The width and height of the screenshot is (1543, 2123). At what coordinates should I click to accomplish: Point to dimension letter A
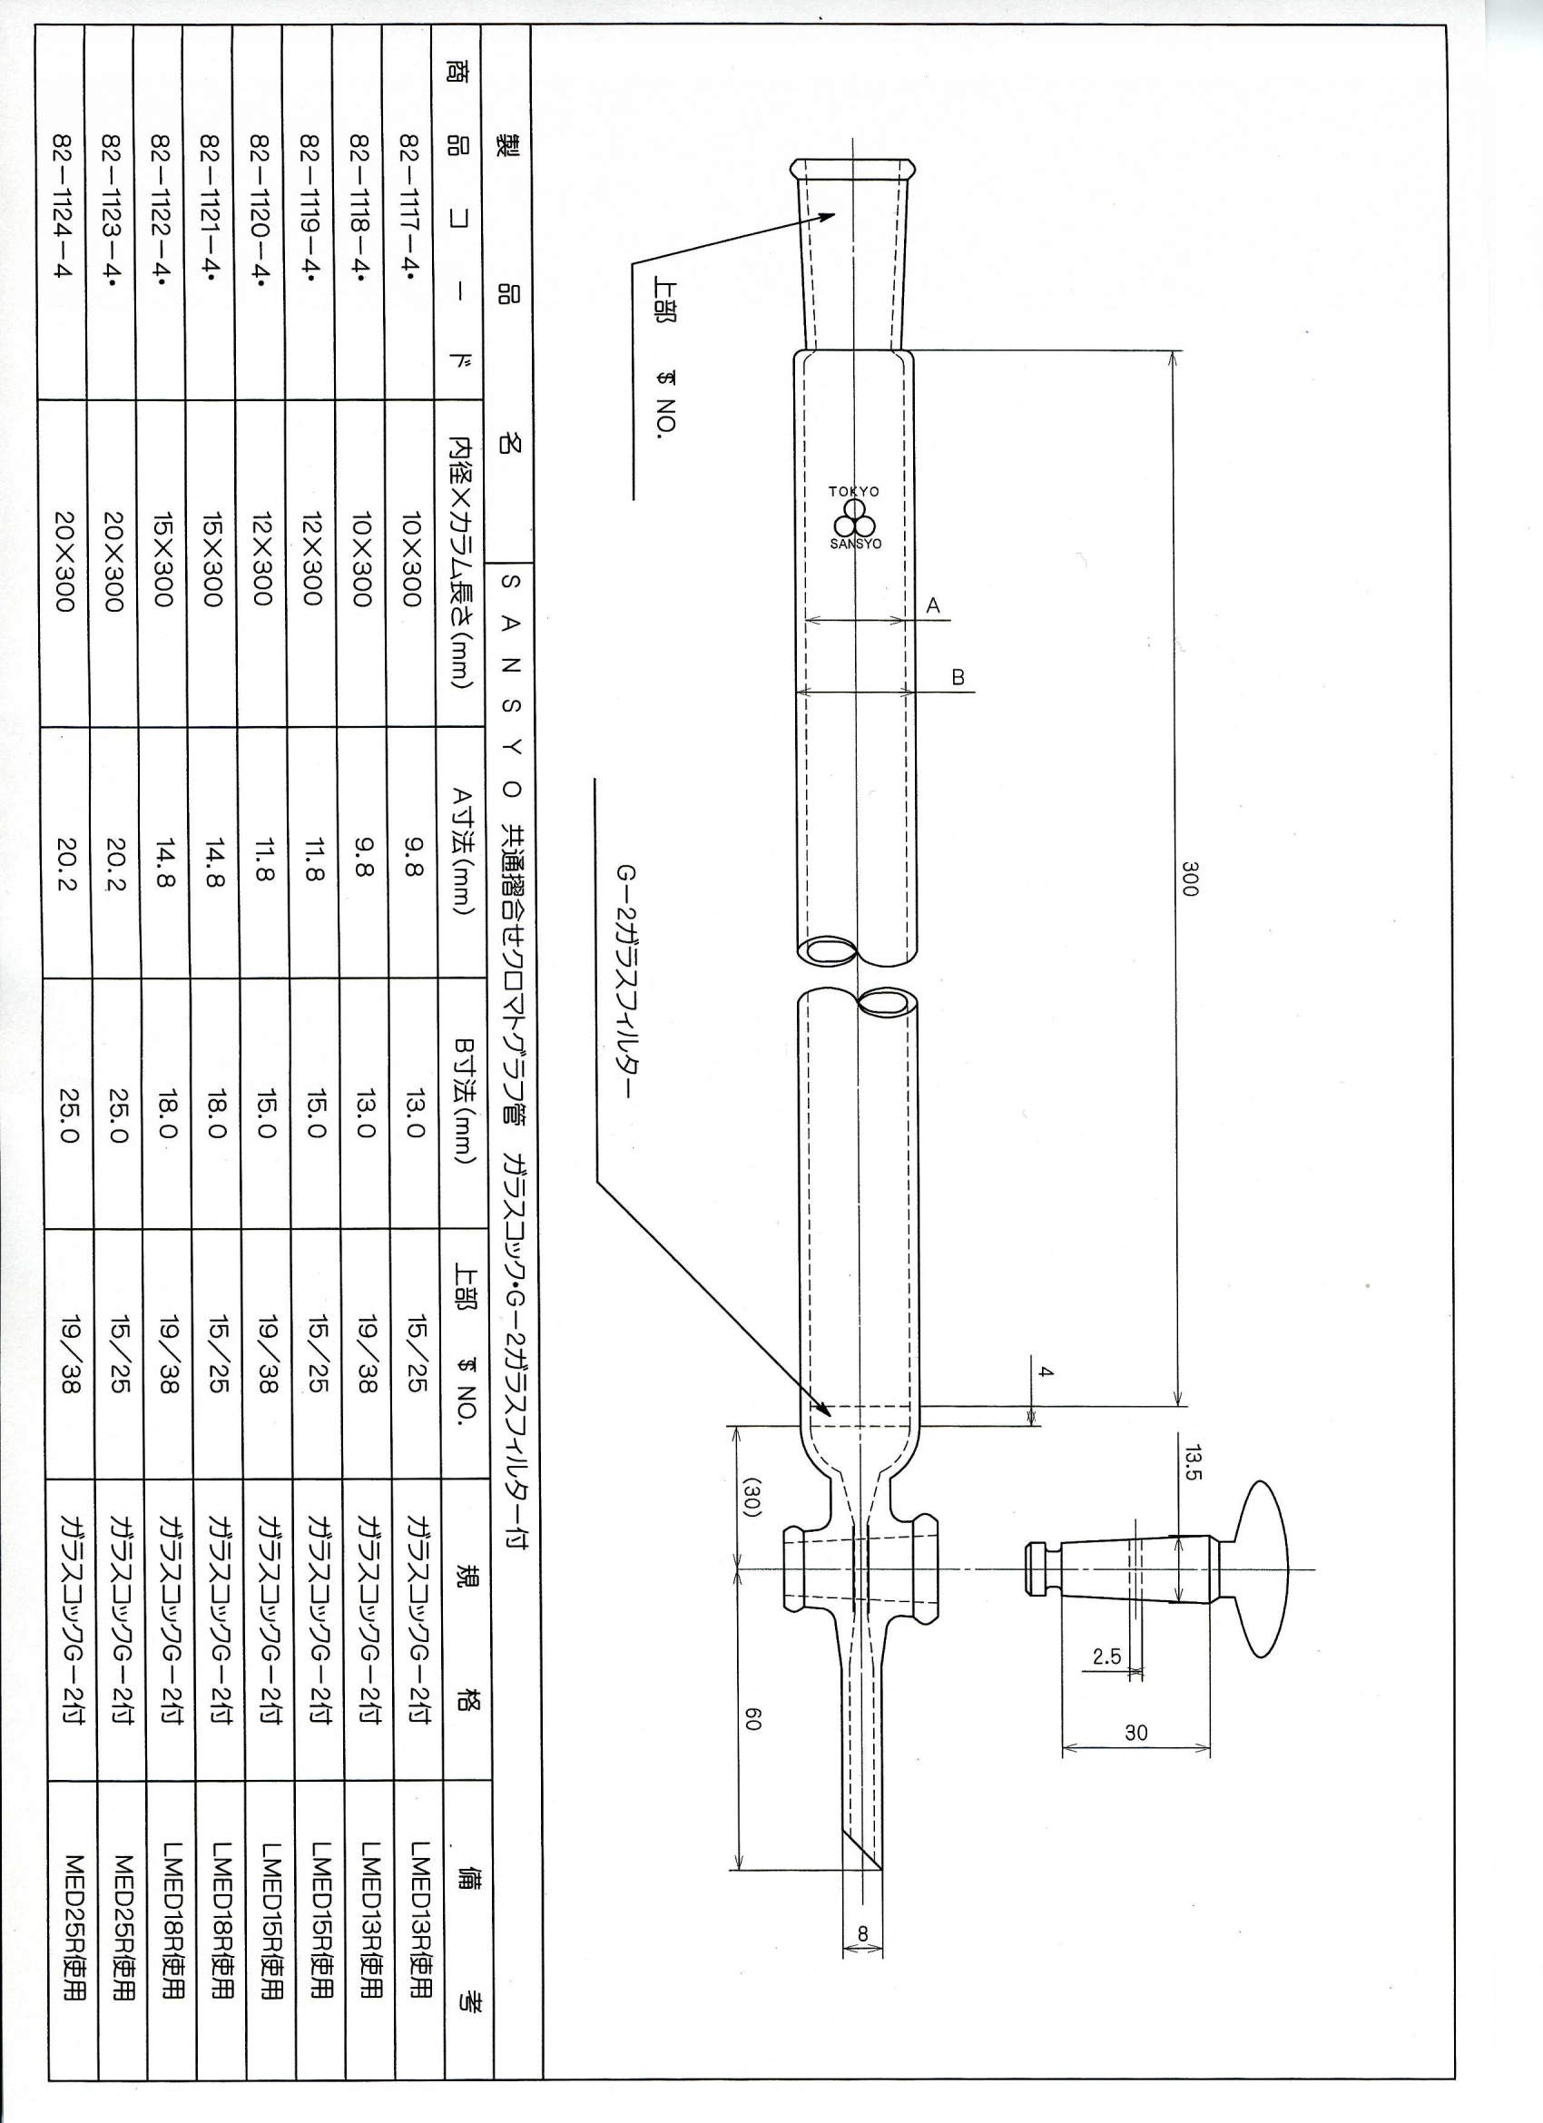coord(932,605)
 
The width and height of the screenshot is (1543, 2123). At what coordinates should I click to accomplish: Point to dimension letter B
coord(958,677)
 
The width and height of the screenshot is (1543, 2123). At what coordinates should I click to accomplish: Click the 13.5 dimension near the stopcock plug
coord(1192,1462)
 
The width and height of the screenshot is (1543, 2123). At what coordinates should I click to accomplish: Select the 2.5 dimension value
coord(1106,1656)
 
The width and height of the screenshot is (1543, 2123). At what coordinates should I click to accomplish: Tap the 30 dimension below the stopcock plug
coord(1135,1733)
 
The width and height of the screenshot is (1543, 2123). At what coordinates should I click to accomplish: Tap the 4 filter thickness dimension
coord(1046,1372)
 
